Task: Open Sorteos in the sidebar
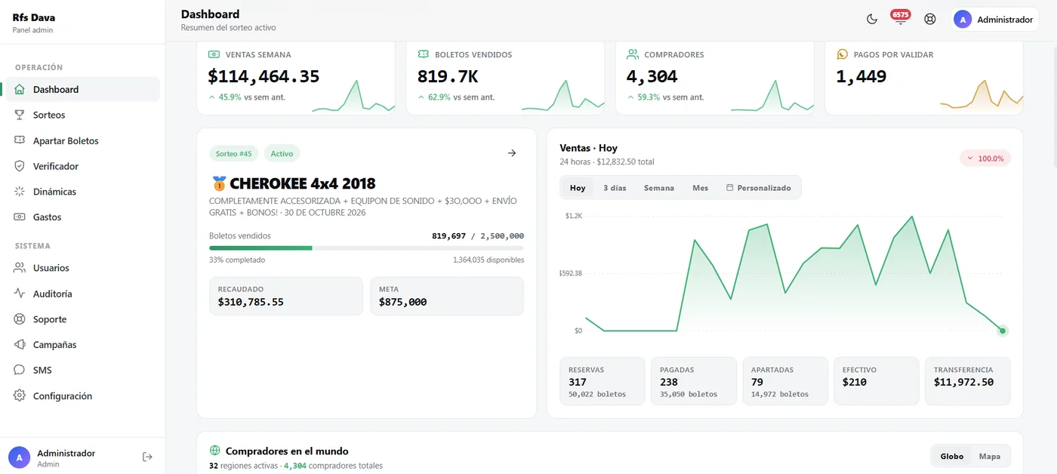point(48,115)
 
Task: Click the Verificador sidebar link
point(56,166)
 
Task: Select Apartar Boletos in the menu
point(66,140)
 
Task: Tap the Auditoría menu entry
point(52,294)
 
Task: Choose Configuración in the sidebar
point(62,396)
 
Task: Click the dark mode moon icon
point(871,20)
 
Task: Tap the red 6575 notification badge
point(900,14)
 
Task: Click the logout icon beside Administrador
point(147,457)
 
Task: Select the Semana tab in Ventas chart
point(658,188)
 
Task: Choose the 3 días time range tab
point(615,188)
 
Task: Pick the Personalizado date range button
point(758,188)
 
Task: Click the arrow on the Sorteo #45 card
point(512,152)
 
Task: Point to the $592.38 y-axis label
point(571,273)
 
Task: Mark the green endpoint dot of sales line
point(1003,331)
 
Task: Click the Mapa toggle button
point(990,456)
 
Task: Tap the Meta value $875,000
point(402,302)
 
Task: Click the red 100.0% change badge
point(985,159)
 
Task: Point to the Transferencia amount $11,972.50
point(963,382)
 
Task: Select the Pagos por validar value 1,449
point(861,76)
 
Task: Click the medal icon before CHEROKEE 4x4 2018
point(219,183)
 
